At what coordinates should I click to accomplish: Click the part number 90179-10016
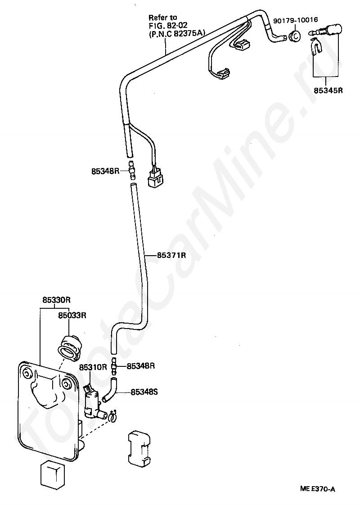pyautogui.click(x=295, y=20)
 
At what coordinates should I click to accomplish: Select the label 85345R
pyautogui.click(x=328, y=90)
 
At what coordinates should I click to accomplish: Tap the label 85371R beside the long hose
pyautogui.click(x=171, y=255)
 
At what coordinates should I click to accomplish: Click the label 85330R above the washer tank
pyautogui.click(x=56, y=300)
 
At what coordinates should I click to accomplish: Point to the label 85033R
pyautogui.click(x=72, y=316)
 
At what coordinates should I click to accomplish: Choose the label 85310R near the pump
pyautogui.click(x=93, y=367)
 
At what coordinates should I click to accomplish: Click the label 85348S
pyautogui.click(x=144, y=392)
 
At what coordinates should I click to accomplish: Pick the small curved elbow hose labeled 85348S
pyautogui.click(x=111, y=389)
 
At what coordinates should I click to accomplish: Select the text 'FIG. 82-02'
pyautogui.click(x=168, y=24)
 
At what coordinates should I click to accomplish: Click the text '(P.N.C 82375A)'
pyautogui.click(x=177, y=32)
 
